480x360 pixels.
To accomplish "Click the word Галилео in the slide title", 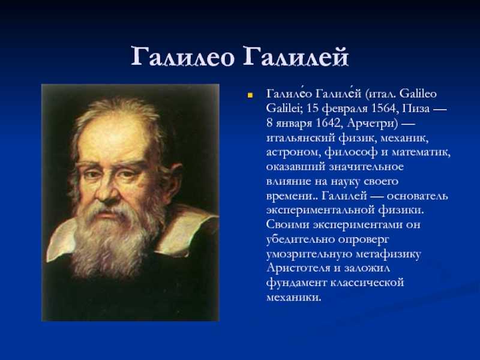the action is tap(183, 56).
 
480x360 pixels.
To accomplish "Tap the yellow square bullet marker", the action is tap(250, 96).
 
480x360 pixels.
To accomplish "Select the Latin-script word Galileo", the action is tap(418, 94).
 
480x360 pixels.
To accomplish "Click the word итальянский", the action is tap(301, 138).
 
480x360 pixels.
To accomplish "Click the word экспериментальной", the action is tap(320, 211).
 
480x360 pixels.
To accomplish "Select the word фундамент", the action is tap(296, 283).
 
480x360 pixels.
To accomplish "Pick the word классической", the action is tap(367, 283).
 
